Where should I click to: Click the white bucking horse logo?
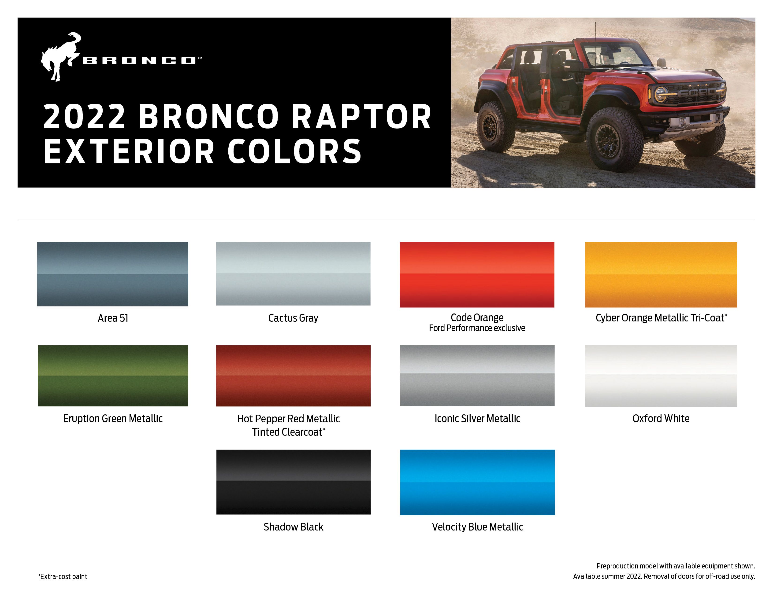point(60,57)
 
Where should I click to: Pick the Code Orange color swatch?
point(477,274)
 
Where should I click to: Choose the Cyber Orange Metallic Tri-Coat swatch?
point(661,274)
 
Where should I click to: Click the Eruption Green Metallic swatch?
point(112,376)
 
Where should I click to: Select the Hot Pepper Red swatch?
point(293,376)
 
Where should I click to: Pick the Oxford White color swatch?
point(661,376)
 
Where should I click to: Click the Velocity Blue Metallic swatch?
point(477,482)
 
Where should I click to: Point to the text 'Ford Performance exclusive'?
point(477,328)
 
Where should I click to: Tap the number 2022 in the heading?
point(84,117)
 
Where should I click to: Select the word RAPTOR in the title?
point(362,117)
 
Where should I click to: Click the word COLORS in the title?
point(294,151)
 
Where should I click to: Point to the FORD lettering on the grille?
point(697,93)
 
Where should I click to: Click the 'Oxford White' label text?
point(661,418)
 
